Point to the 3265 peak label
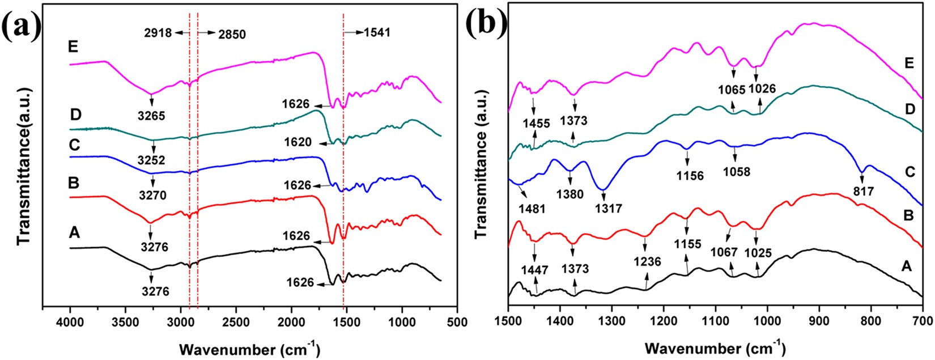tap(151, 112)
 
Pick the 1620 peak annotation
tap(298, 143)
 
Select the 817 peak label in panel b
tap(863, 192)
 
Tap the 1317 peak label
tap(609, 209)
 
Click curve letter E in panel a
tap(73, 47)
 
